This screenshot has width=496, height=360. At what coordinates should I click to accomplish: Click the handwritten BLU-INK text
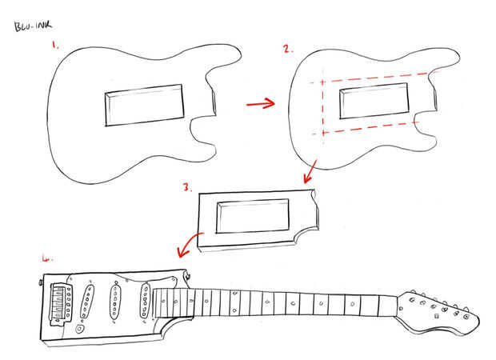[x=30, y=26]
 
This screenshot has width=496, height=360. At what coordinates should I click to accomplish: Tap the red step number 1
[x=55, y=46]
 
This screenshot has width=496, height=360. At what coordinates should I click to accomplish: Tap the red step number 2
[x=286, y=49]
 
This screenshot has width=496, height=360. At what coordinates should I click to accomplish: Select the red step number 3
[x=186, y=189]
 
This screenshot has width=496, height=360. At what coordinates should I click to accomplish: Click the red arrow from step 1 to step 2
[x=258, y=103]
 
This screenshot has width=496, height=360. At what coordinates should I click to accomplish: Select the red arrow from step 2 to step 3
[x=309, y=170]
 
